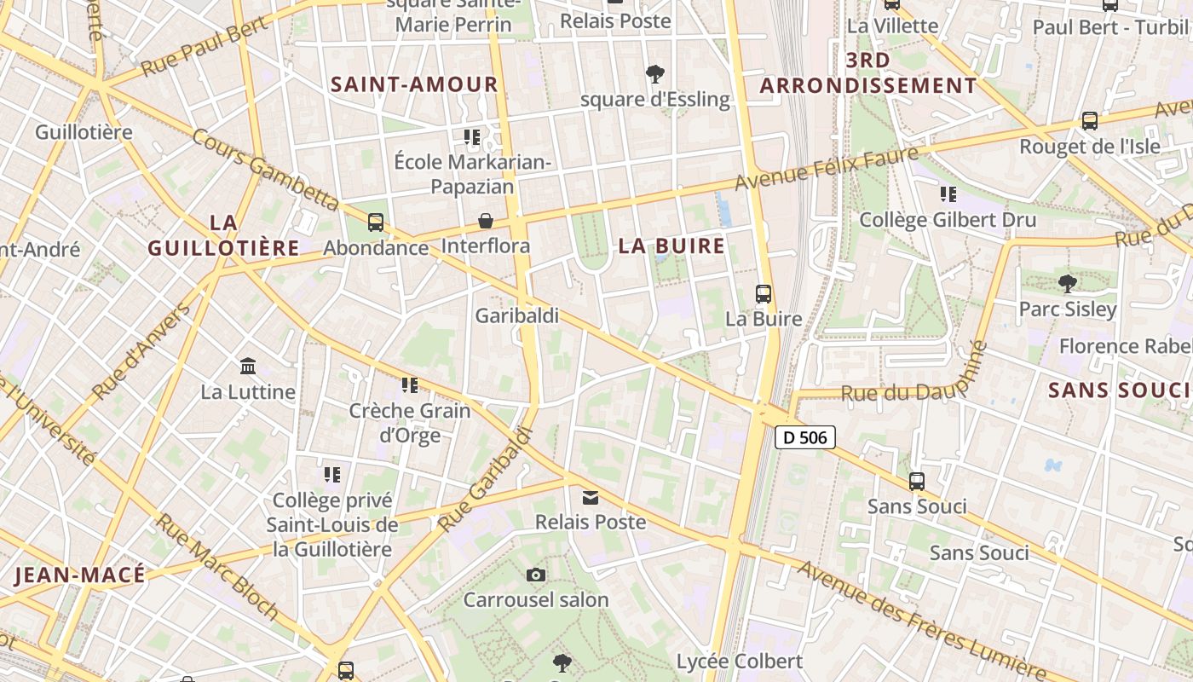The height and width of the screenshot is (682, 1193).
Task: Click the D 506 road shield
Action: click(804, 437)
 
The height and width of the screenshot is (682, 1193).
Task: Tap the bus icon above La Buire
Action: click(764, 294)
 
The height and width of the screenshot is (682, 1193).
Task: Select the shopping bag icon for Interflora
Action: click(486, 221)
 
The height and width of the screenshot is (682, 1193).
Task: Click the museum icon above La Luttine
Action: click(248, 367)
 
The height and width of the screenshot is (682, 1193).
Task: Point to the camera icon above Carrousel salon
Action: click(536, 575)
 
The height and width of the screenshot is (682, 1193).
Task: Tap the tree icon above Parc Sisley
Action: click(1067, 283)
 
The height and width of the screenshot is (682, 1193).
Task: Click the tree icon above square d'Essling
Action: click(655, 74)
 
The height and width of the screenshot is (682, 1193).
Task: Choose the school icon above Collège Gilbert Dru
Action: click(948, 194)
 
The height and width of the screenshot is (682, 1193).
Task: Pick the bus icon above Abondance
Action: click(375, 223)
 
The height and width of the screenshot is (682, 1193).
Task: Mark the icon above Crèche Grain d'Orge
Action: click(410, 385)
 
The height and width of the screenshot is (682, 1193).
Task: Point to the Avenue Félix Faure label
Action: click(827, 168)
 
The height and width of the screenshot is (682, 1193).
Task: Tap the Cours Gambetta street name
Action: click(265, 169)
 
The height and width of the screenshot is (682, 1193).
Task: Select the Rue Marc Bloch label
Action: click(217, 566)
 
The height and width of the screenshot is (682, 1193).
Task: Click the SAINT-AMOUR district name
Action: click(414, 84)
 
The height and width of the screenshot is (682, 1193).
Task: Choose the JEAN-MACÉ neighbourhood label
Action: click(80, 575)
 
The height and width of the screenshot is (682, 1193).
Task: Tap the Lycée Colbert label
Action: click(740, 662)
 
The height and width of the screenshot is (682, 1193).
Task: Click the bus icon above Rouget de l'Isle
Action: click(1089, 121)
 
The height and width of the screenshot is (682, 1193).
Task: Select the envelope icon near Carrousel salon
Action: click(591, 497)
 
